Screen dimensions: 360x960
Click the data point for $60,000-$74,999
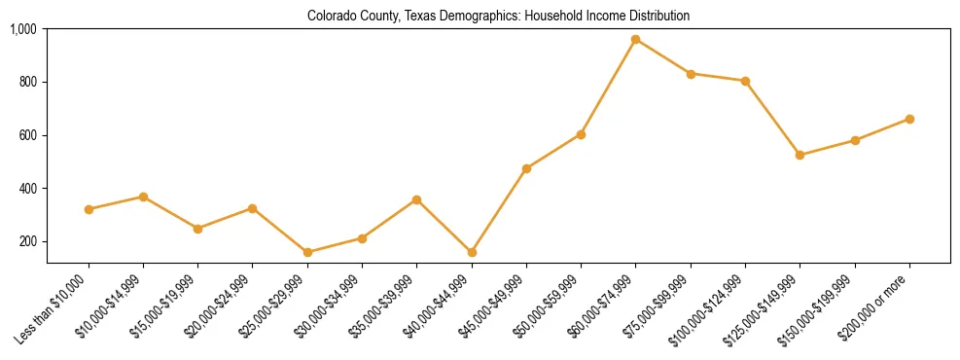635,40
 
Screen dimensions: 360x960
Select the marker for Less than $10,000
89,209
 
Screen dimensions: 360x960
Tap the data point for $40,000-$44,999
472,252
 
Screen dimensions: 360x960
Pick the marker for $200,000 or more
909,119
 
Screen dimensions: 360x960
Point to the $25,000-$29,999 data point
307,252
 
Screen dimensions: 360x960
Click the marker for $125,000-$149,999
800,155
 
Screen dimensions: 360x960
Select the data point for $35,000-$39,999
416,199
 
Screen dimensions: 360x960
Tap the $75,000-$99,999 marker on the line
691,74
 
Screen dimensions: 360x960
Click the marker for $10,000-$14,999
143,197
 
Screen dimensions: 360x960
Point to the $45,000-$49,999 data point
526,168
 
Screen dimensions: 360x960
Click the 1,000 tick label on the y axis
23,29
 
